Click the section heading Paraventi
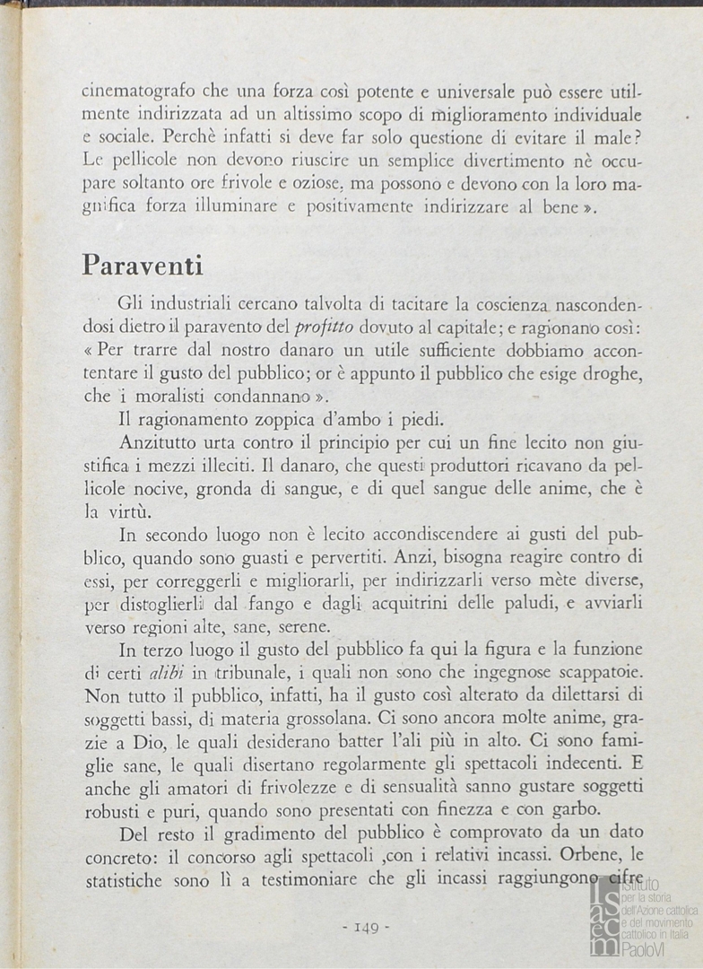tap(143, 266)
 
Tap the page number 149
tap(367, 927)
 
